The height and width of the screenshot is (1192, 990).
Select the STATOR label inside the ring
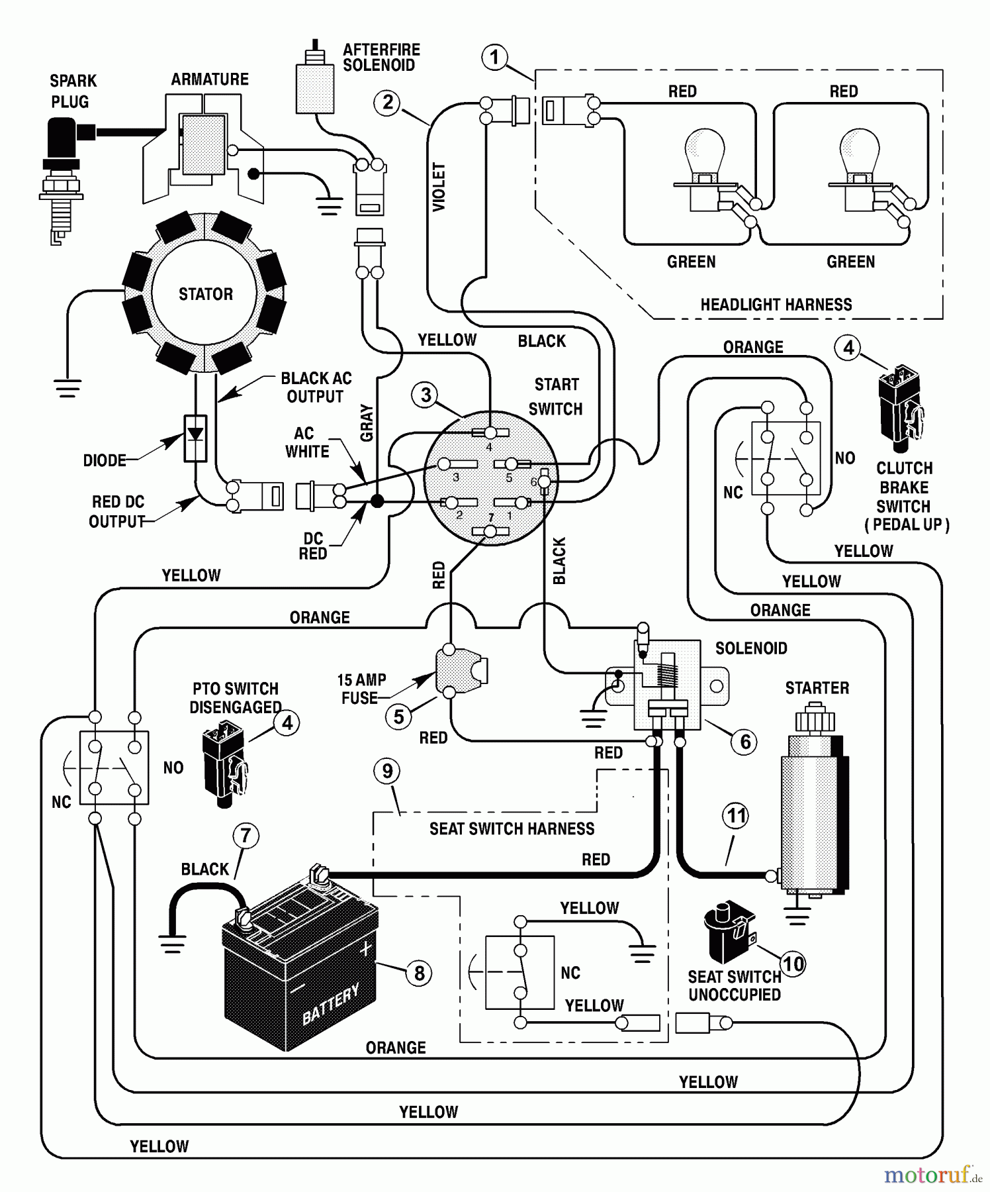coord(205,294)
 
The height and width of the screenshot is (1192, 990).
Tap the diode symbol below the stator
coord(195,438)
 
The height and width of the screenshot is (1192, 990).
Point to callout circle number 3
coord(426,395)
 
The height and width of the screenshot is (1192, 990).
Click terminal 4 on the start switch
coord(490,433)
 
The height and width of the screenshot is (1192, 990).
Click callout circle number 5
coord(398,717)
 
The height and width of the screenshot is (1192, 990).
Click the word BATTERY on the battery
coord(331,1004)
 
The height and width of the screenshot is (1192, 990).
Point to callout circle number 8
coord(419,973)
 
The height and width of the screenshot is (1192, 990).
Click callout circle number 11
coord(736,816)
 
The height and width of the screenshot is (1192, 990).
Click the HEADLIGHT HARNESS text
coord(776,305)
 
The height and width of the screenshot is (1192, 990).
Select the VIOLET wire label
coord(439,187)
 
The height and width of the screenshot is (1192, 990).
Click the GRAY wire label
coord(367,422)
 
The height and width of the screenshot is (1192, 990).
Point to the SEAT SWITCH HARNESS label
coord(512,828)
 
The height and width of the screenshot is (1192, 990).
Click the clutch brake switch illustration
coord(901,404)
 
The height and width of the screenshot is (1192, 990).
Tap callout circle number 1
coord(494,58)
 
